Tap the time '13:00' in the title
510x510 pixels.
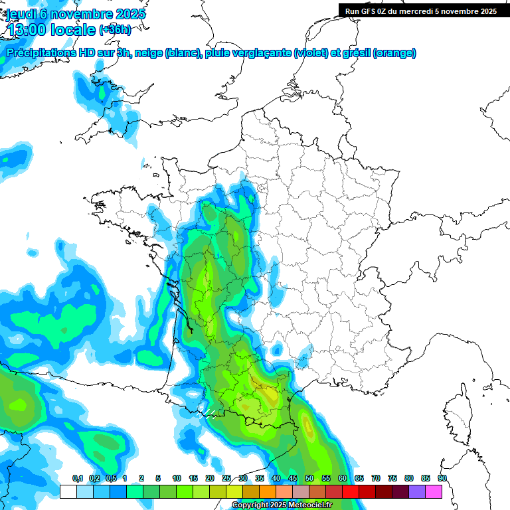point(28,30)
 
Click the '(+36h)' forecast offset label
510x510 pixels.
point(115,30)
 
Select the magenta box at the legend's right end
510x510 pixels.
point(434,491)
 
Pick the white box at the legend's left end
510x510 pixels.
point(68,491)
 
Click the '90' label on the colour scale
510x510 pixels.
point(442,478)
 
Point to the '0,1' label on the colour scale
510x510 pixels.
point(77,478)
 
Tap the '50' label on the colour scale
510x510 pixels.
point(309,478)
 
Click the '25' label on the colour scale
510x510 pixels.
point(226,478)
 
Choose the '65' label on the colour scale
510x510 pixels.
point(359,478)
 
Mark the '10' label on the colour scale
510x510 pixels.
point(177,478)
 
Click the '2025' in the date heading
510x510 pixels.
point(126,15)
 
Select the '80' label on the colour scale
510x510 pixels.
point(409,478)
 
